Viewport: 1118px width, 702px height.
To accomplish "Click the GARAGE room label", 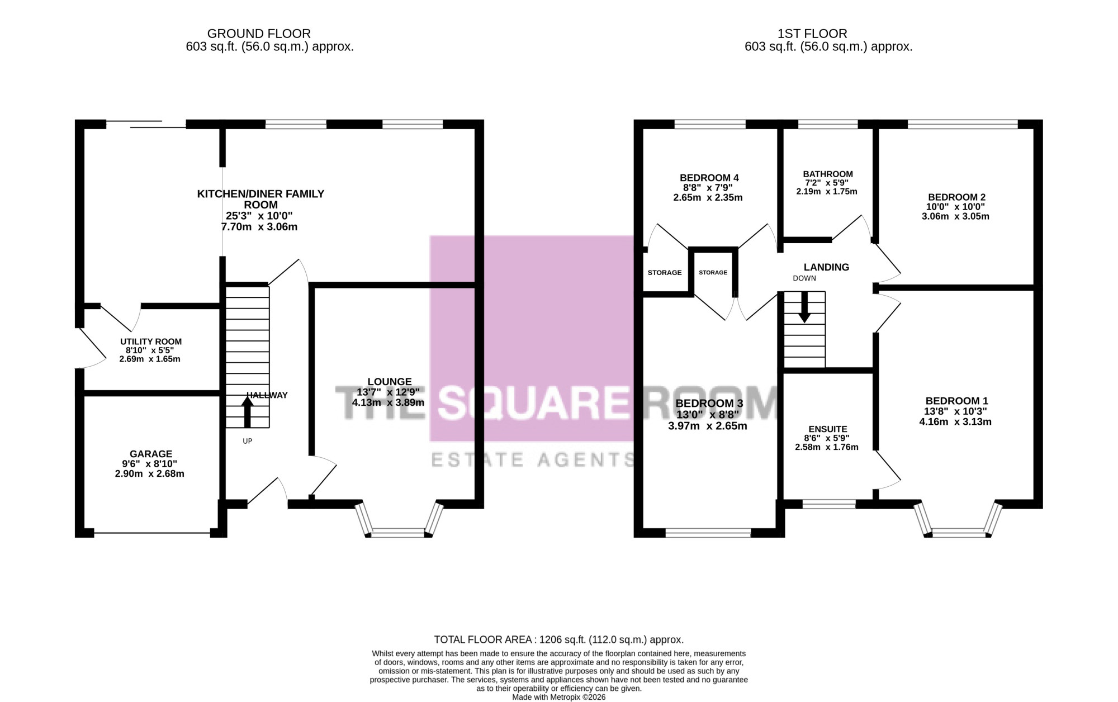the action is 151,454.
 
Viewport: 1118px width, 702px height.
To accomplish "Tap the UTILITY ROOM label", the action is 151,341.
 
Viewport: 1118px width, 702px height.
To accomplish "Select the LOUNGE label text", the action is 390,382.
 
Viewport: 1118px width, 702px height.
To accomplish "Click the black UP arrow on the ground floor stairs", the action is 247,411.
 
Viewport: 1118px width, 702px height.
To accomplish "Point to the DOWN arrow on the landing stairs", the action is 804,307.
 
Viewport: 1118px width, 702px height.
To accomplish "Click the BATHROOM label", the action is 828,174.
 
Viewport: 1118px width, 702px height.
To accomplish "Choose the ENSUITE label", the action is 828,429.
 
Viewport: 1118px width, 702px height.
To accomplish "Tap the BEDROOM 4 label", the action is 709,178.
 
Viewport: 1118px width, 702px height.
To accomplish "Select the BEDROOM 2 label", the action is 956,197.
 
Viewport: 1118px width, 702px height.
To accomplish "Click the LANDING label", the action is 826,267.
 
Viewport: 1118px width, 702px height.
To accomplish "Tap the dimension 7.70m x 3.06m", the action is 259,227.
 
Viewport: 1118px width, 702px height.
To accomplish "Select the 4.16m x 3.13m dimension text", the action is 955,421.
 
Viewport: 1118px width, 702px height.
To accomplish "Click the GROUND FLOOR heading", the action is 259,34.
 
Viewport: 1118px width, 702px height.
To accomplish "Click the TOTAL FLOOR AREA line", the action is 559,639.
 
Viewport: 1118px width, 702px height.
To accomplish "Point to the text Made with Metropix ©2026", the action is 559,697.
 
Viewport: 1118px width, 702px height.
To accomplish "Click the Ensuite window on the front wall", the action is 829,504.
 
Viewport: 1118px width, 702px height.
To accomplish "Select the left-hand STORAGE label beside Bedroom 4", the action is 665,273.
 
